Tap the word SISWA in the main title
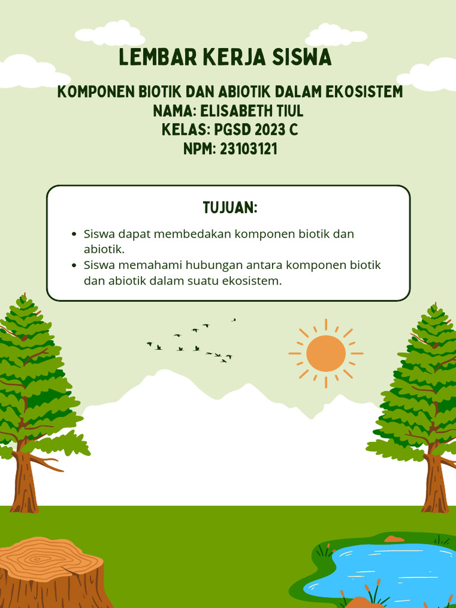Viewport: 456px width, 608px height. pyautogui.click(x=301, y=58)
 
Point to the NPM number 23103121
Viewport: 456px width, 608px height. pyautogui.click(x=248, y=148)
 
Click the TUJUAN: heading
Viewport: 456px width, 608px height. pyautogui.click(x=230, y=208)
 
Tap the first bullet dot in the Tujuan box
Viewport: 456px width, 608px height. pyautogui.click(x=74, y=234)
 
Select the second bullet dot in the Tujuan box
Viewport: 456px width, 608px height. pyautogui.click(x=74, y=265)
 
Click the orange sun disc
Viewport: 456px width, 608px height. pyautogui.click(x=325, y=353)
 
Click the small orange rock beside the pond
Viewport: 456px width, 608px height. pyautogui.click(x=394, y=539)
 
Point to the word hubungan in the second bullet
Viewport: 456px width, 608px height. pyautogui.click(x=211, y=265)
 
